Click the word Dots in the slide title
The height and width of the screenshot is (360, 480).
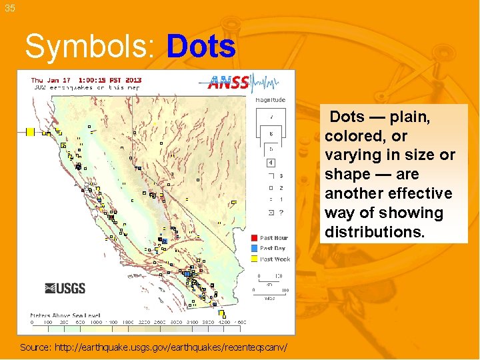pos(201,47)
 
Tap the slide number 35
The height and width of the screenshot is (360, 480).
pos(9,8)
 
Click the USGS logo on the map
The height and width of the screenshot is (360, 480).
pos(65,288)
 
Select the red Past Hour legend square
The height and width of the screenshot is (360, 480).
pos(254,238)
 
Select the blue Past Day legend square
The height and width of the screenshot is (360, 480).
pos(254,249)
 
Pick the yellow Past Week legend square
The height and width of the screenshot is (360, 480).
pos(254,259)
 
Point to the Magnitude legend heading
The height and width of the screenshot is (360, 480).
pos(270,100)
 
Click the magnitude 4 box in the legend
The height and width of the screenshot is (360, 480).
pos(271,162)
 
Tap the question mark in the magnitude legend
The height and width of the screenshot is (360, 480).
pos(281,213)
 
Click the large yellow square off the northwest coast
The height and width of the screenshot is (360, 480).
pos(30,132)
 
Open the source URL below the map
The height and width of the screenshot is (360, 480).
pos(154,347)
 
